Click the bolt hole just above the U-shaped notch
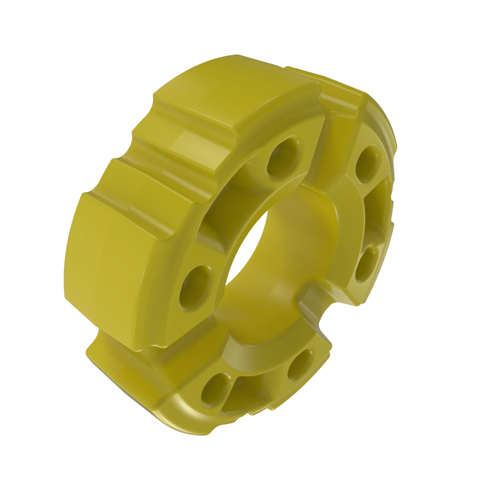click(366, 264)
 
